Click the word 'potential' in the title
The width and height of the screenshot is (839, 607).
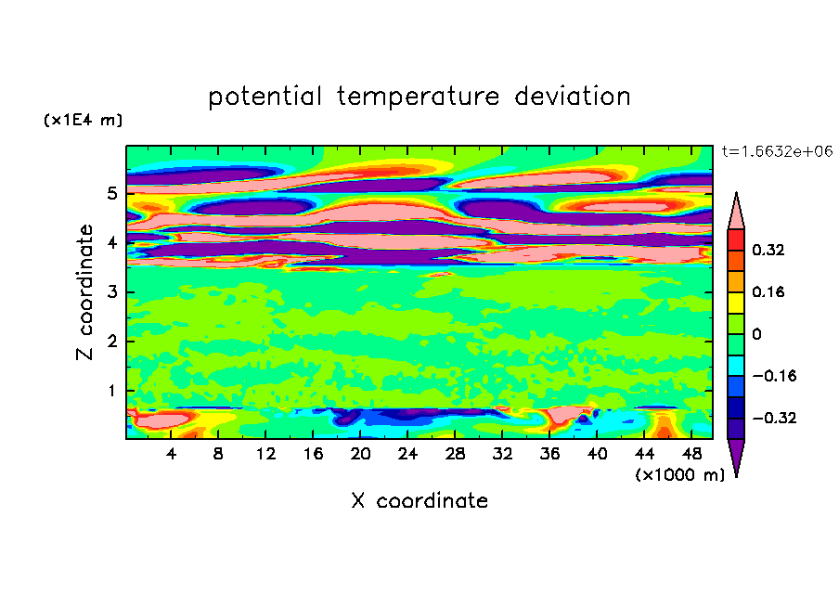click(x=265, y=97)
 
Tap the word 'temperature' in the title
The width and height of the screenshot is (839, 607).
click(x=418, y=97)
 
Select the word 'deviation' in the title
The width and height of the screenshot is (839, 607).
click(x=573, y=97)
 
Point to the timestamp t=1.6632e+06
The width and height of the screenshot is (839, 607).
click(x=777, y=151)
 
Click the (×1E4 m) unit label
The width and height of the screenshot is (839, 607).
click(x=83, y=120)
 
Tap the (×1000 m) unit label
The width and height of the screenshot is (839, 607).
click(x=679, y=475)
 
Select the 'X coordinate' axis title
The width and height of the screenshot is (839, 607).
click(x=419, y=500)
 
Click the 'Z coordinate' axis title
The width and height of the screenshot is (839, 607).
click(x=84, y=291)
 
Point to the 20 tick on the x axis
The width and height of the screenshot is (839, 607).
click(x=360, y=454)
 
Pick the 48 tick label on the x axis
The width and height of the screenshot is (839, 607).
click(x=691, y=454)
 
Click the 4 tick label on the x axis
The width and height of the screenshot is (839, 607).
click(x=171, y=454)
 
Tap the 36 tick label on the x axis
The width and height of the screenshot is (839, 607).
click(x=549, y=454)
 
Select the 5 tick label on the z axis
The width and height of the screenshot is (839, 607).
click(x=111, y=193)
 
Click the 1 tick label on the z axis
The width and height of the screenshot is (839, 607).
click(x=111, y=391)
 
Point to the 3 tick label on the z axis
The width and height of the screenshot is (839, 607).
click(x=111, y=292)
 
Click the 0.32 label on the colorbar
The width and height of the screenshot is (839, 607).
click(x=768, y=250)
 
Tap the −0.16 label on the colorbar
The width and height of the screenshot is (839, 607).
click(x=774, y=376)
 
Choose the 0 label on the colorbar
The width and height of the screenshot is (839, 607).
click(x=756, y=334)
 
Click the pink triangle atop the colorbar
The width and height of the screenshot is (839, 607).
click(x=736, y=211)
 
